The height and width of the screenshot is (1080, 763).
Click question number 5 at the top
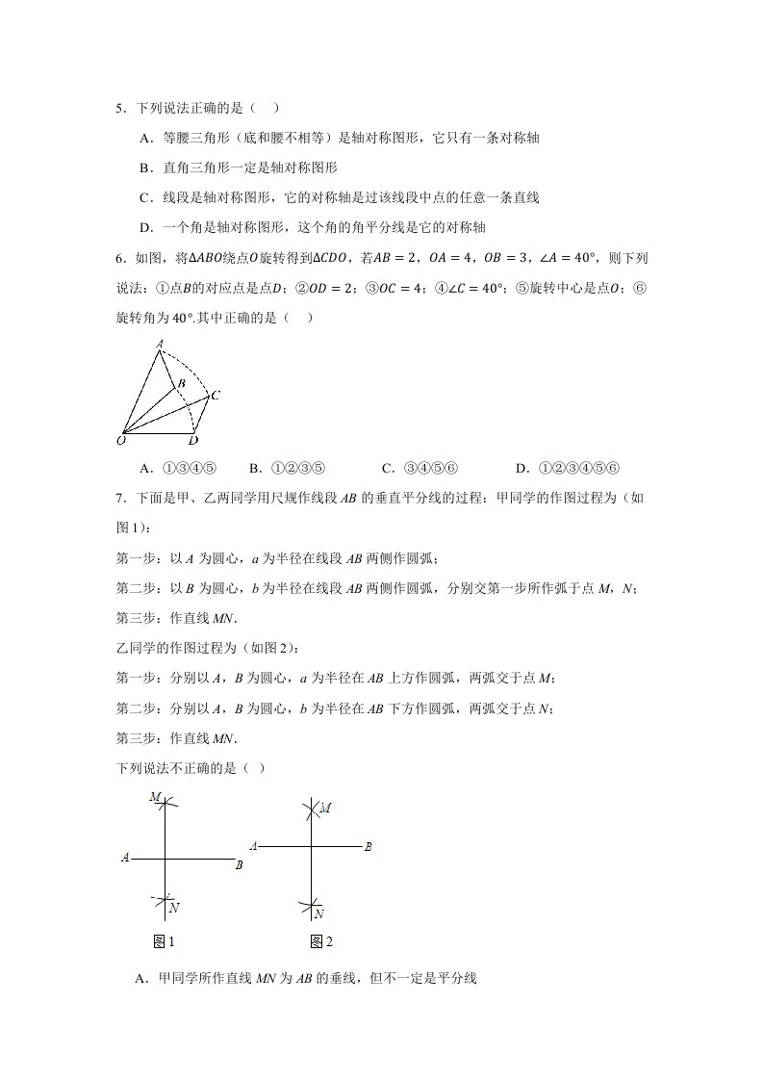pyautogui.click(x=119, y=110)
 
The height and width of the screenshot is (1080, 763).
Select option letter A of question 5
pyautogui.click(x=145, y=139)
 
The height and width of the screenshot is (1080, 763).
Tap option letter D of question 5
pyautogui.click(x=145, y=227)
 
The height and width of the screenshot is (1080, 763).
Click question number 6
pyautogui.click(x=119, y=258)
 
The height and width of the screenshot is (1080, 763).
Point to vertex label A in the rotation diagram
pyautogui.click(x=160, y=344)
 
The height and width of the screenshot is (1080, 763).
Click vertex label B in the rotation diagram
pyautogui.click(x=179, y=385)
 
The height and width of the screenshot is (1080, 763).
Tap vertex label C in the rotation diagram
pyautogui.click(x=216, y=395)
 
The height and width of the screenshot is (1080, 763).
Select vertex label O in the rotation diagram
pyautogui.click(x=120, y=441)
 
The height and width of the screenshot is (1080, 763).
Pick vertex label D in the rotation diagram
pyautogui.click(x=193, y=441)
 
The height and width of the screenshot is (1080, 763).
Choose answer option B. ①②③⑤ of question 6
pyautogui.click(x=288, y=469)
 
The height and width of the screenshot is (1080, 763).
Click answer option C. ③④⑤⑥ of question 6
pyautogui.click(x=420, y=469)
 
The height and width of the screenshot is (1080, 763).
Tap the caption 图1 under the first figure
pyautogui.click(x=163, y=940)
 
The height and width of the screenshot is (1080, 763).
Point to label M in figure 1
pyautogui.click(x=154, y=798)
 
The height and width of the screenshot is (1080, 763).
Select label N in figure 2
pyautogui.click(x=318, y=913)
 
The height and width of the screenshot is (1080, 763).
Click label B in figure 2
pyautogui.click(x=368, y=847)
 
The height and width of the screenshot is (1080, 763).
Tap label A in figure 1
pyautogui.click(x=125, y=857)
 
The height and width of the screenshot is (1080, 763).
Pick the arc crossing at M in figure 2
pyautogui.click(x=312, y=810)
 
